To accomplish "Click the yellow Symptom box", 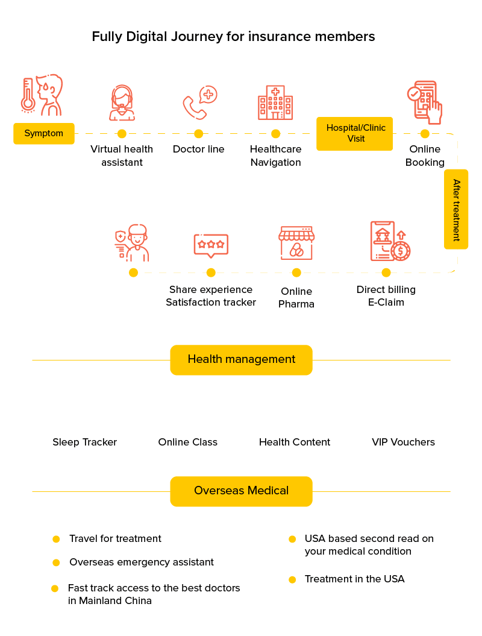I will tap(44, 133).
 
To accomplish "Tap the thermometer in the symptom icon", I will tap(27, 95).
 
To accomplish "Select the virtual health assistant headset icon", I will tap(122, 103).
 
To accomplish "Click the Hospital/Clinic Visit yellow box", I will tap(355, 133).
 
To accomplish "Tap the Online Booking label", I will tap(425, 156).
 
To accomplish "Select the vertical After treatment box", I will tap(456, 209).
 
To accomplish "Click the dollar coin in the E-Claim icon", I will tap(400, 250).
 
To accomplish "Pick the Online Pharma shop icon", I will tap(296, 243).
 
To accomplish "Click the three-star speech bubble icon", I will tap(211, 245).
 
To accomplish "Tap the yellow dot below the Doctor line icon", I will tap(199, 134).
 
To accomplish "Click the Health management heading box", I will tap(241, 360).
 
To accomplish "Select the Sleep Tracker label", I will tap(85, 442).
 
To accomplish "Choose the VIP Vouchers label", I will tap(403, 442).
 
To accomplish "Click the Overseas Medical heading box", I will tap(241, 491).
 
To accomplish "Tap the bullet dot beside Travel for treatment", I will tap(56, 539).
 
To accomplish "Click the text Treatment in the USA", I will tap(354, 579).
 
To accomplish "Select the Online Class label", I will tap(188, 442).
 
